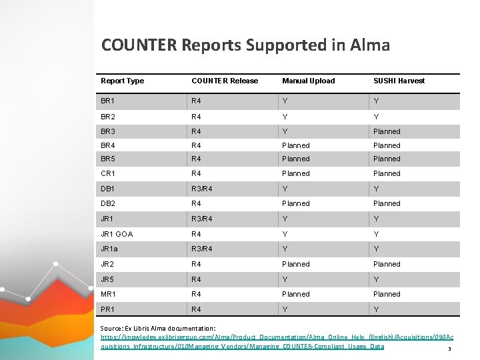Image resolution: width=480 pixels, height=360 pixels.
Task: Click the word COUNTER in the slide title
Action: (x=138, y=45)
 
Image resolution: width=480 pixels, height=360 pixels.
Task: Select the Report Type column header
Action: (x=122, y=81)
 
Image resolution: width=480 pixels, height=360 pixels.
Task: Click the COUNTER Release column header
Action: (x=225, y=81)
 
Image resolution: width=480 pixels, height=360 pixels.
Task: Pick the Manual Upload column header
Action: (x=309, y=81)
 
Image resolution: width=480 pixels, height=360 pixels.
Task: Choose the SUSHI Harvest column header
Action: (x=399, y=81)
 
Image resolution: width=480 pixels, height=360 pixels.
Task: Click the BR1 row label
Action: (x=107, y=101)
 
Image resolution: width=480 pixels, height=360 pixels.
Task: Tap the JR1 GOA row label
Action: (x=117, y=234)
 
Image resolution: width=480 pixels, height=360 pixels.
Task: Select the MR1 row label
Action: (x=108, y=294)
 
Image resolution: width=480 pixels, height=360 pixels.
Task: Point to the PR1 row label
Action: (x=107, y=309)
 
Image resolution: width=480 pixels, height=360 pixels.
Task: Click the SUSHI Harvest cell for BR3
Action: (x=387, y=131)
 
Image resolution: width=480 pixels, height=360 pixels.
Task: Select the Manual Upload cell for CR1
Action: (x=296, y=173)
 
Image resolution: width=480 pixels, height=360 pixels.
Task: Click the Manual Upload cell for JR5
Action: (x=285, y=279)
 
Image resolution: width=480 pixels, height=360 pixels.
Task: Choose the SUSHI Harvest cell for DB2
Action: (x=387, y=203)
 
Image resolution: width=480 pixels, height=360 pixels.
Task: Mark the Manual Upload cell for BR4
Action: (x=296, y=145)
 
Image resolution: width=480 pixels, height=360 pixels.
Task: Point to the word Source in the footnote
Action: (x=111, y=329)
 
